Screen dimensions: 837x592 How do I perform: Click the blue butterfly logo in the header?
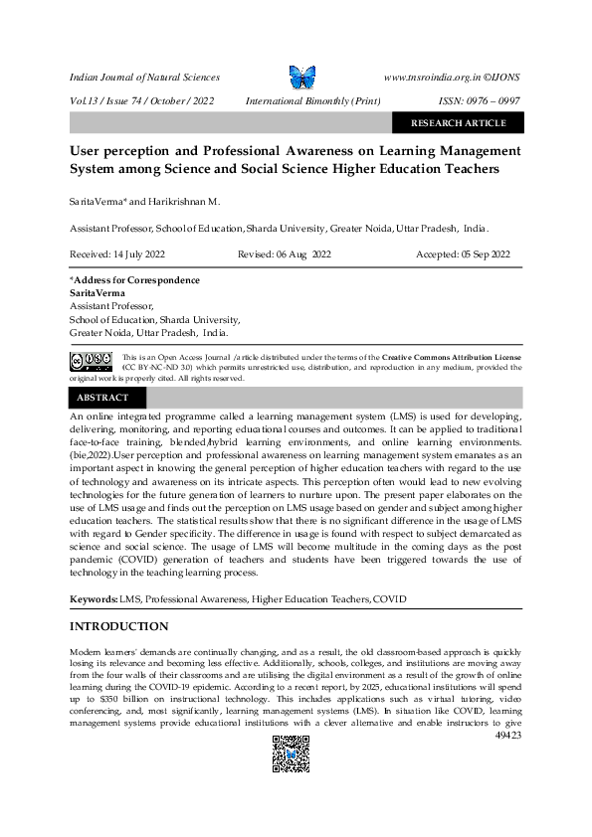pos(301,77)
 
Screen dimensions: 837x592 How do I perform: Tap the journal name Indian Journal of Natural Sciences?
pos(144,77)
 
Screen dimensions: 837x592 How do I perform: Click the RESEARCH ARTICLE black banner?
pos(459,123)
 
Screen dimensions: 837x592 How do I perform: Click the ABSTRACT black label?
pos(102,398)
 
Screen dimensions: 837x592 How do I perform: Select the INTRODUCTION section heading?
pos(118,627)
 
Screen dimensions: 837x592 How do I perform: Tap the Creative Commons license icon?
pos(91,360)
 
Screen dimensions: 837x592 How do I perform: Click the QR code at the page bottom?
pos(292,755)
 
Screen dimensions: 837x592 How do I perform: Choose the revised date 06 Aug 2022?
pos(285,254)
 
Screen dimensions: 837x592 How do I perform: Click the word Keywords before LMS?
pos(93,599)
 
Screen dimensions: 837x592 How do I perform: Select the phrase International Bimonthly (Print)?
pos(312,101)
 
